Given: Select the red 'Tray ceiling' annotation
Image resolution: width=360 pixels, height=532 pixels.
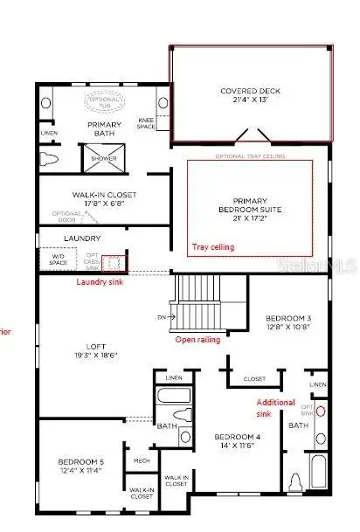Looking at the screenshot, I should click(x=212, y=247).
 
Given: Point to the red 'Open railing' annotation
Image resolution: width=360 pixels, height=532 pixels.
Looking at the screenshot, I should click(x=197, y=339).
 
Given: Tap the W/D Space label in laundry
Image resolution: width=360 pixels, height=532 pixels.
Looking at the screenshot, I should click(x=59, y=259).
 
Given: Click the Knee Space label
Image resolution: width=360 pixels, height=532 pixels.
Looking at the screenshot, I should click(x=146, y=123).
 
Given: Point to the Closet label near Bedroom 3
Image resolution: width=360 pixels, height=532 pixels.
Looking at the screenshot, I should click(x=254, y=379).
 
